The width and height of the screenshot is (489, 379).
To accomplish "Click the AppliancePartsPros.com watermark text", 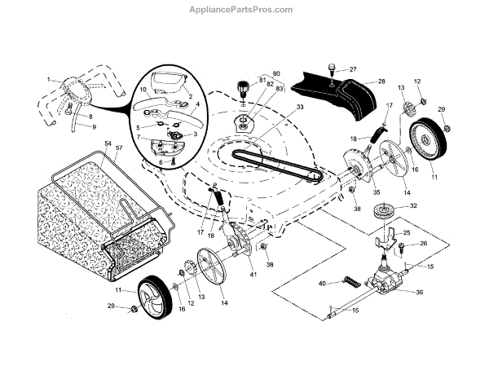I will (x=244, y=9).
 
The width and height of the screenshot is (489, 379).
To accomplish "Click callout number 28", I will (x=380, y=82).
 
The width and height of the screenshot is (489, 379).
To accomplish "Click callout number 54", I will (x=107, y=143).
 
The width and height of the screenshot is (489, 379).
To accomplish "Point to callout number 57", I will (x=119, y=149).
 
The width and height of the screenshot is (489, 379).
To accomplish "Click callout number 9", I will (x=92, y=126).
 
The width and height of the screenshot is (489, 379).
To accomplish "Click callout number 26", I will (x=423, y=244).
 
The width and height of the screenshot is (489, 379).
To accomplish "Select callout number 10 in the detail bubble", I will (x=142, y=88).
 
